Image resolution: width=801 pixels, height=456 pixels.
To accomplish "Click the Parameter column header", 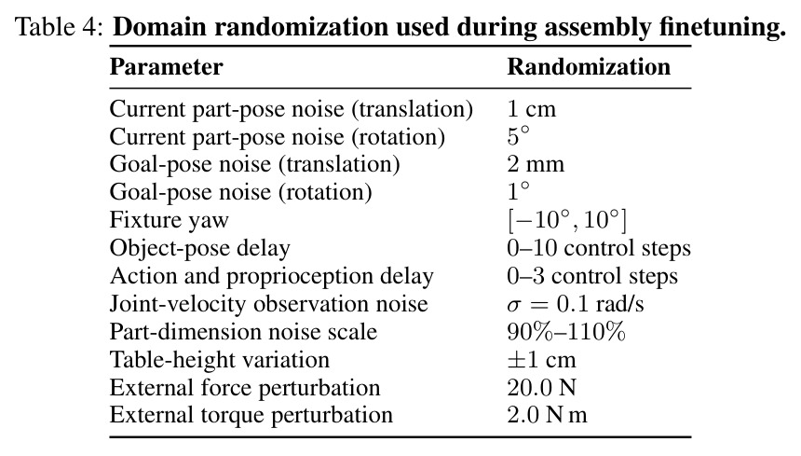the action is tap(166, 67).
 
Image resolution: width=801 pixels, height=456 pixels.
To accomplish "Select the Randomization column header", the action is tap(589, 67).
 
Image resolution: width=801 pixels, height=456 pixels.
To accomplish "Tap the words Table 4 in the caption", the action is tap(56, 27).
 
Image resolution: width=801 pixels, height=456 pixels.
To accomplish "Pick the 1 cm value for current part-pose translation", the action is tap(531, 109).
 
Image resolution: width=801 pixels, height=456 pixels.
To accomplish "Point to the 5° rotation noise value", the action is tap(519, 136).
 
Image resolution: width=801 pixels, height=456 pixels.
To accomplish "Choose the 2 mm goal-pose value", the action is tap(536, 164).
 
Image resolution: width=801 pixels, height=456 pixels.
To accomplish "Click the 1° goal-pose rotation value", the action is tap(519, 191).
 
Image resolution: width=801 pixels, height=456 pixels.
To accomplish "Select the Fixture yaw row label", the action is tap(170, 220).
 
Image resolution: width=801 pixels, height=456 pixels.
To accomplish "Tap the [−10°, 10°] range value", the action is tap(567, 220).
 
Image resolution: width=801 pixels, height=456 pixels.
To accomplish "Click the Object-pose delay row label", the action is tap(199, 248).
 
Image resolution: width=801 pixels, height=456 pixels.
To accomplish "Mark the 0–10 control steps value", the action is tap(599, 248).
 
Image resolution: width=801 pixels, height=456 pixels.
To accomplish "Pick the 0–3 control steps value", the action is tap(592, 276).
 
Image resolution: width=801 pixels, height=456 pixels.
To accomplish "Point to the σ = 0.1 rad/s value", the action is tap(576, 304).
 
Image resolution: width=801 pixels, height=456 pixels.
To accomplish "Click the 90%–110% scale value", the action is tap(566, 332).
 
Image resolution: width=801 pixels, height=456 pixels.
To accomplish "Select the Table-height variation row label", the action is tap(219, 360).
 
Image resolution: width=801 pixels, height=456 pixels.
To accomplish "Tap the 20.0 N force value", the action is tap(541, 388).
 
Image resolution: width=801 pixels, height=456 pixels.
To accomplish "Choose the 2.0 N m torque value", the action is tap(547, 415).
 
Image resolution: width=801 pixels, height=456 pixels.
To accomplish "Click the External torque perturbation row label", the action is tap(251, 415).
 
